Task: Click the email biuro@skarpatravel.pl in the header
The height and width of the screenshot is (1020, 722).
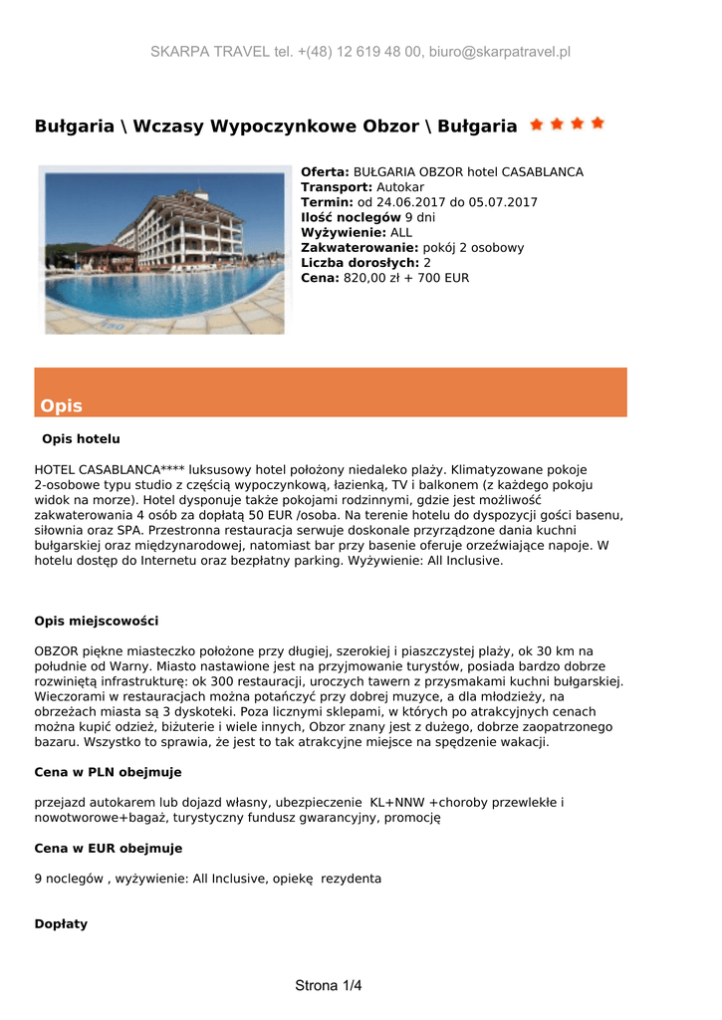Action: (x=500, y=52)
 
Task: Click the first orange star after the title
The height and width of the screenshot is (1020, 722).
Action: (x=537, y=125)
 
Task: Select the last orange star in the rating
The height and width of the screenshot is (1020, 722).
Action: (x=598, y=125)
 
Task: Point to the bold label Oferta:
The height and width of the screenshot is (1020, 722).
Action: (x=325, y=172)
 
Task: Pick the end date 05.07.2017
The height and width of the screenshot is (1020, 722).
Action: (x=503, y=202)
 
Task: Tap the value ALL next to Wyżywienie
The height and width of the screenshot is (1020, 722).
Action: (x=401, y=232)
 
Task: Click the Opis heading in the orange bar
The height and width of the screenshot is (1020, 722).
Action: (x=62, y=405)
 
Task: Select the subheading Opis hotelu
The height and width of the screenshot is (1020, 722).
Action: (x=81, y=439)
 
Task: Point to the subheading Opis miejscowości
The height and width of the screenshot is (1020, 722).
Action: (x=97, y=621)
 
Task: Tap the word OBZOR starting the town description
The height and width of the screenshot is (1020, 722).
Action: (x=57, y=650)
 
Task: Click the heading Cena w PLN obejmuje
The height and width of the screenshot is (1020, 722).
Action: (x=108, y=772)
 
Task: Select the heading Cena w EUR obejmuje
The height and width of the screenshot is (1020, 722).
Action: (x=109, y=849)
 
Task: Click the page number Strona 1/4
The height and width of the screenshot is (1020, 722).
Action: (x=329, y=986)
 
